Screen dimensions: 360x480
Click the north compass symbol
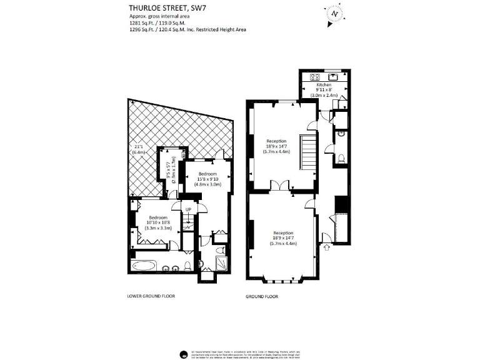coord(335,13)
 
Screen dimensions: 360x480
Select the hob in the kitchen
coord(314,77)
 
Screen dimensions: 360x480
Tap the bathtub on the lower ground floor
coord(144,266)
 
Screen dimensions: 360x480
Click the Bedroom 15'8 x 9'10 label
coord(207,179)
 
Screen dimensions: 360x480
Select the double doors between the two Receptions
coord(284,186)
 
